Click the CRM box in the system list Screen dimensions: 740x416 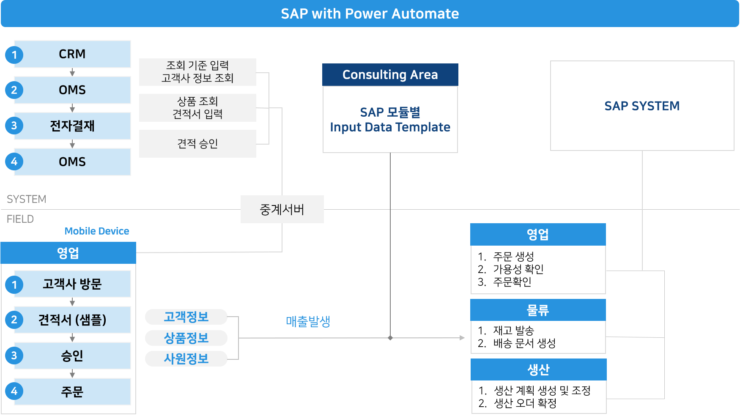(72, 54)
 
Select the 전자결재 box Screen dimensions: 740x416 (72, 126)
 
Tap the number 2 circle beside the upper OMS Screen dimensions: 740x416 (14, 90)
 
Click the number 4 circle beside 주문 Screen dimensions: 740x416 (14, 391)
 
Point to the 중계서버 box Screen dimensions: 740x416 (282, 209)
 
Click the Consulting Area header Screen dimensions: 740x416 (390, 75)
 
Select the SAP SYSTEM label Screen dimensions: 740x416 (642, 106)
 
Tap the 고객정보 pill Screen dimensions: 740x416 (186, 317)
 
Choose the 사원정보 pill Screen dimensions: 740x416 (186, 359)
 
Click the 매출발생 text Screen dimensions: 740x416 (308, 321)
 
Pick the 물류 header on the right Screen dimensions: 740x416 (538, 310)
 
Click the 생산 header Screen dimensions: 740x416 (538, 369)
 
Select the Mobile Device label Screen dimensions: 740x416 (97, 231)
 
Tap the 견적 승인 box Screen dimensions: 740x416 (197, 144)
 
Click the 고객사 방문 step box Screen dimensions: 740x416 (72, 284)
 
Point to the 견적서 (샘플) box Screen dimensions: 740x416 (72, 320)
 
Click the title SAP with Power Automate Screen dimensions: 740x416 (370, 14)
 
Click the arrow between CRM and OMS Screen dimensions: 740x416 (72, 72)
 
